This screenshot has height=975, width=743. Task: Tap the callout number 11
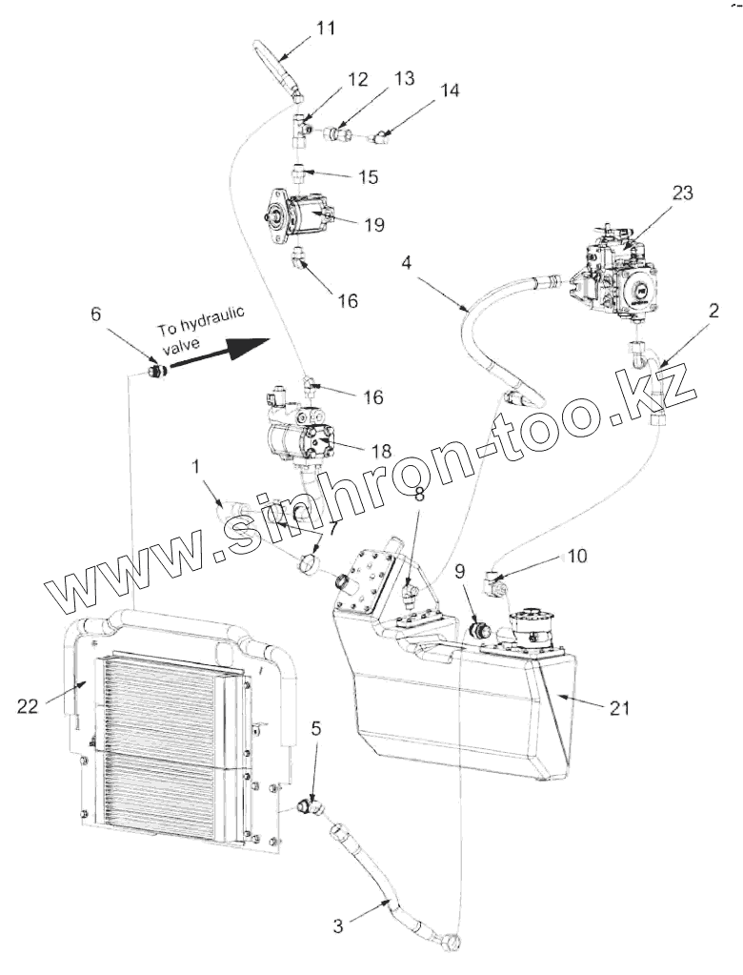[326, 27]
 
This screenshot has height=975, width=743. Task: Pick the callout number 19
[373, 225]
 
